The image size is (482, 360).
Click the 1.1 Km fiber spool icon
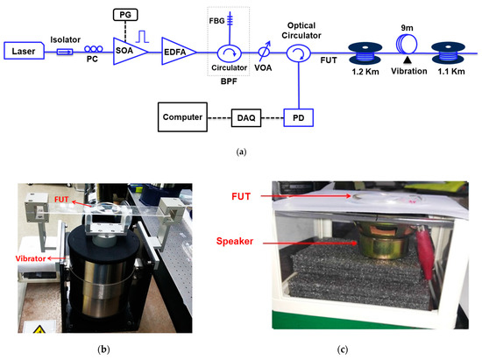coord(455,50)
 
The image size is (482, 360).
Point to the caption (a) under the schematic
coord(240,150)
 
